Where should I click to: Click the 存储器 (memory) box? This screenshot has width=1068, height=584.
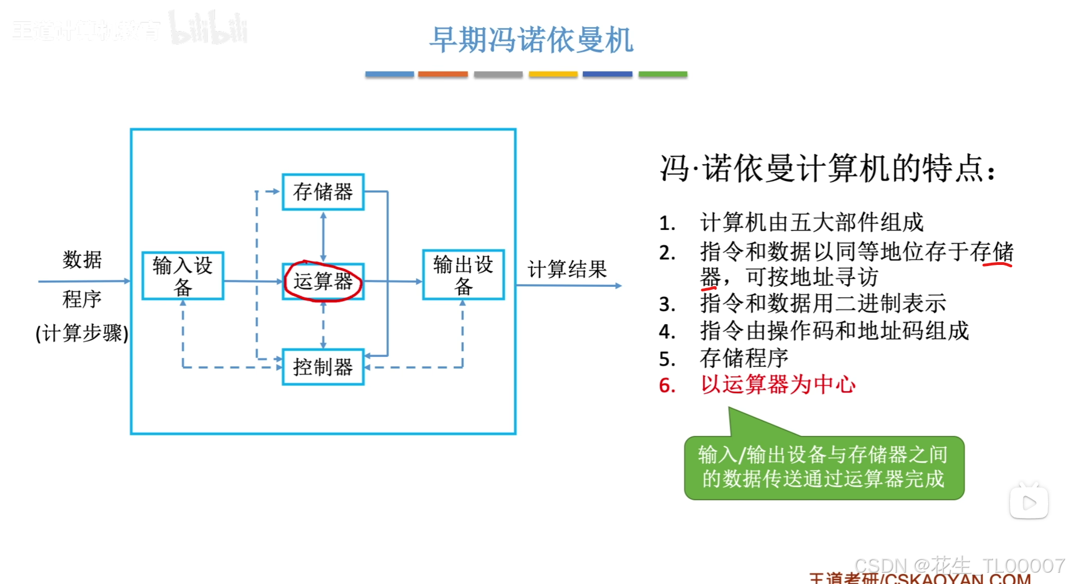(323, 192)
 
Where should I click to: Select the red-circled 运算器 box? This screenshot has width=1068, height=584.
(323, 281)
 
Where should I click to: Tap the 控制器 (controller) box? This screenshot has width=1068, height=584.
(323, 368)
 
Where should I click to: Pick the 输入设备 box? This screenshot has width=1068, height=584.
(183, 276)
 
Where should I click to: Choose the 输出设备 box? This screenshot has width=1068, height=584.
(463, 275)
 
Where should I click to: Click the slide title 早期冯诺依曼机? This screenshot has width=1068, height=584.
(531, 40)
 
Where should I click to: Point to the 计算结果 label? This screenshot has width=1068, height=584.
(567, 269)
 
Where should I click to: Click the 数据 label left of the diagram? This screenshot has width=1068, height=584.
(82, 260)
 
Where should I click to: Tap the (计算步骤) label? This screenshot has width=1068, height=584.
(82, 333)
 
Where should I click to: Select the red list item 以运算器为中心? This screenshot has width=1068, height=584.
(778, 385)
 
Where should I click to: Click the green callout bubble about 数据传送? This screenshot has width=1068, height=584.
(824, 467)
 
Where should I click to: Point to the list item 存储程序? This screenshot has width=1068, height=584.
(744, 358)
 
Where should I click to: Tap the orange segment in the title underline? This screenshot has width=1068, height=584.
(443, 74)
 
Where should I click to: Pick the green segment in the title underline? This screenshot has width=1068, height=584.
(663, 74)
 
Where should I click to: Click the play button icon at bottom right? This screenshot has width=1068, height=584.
(1029, 502)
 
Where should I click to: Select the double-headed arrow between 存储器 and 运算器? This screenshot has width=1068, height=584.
(323, 237)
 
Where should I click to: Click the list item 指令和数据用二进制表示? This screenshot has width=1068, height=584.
(823, 304)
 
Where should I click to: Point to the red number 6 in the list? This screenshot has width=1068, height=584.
(667, 386)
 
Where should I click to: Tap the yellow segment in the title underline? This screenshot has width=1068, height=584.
(553, 74)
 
